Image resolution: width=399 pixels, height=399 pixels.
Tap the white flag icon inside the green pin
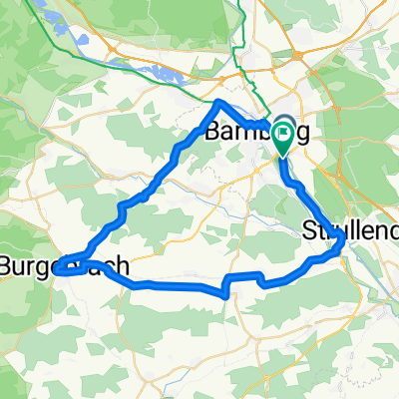point(283,131)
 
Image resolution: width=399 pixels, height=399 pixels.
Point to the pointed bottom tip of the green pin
point(283,156)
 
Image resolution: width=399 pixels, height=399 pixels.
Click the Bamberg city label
point(244,132)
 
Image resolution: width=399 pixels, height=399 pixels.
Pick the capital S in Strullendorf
point(306,229)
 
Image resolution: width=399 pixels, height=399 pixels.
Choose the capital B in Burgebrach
point(7,267)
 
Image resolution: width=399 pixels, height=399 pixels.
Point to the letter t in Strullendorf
point(318,229)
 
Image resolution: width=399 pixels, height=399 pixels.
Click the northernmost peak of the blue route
point(220,102)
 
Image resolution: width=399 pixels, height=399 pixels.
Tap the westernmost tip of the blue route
point(57,267)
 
